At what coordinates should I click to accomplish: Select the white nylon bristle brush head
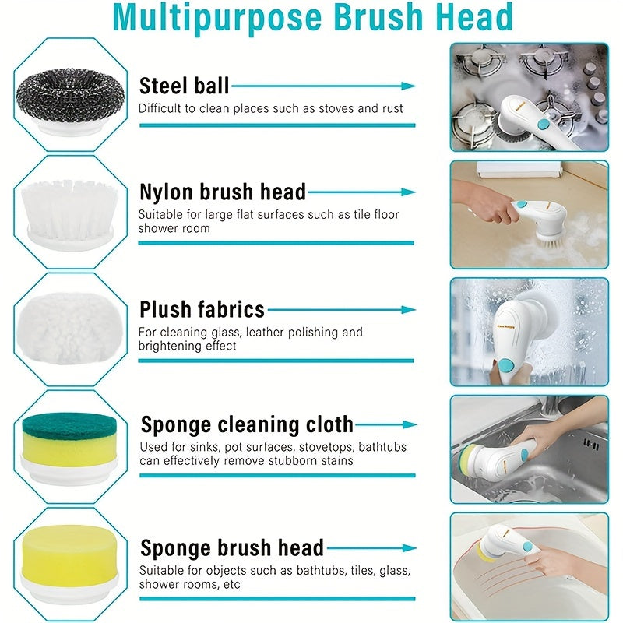65,206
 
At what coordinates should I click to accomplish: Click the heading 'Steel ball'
184,86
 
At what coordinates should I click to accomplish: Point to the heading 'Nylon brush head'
223,192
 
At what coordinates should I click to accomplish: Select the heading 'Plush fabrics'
202,309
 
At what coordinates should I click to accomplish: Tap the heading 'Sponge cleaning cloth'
247,425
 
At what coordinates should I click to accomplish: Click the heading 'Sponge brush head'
232,547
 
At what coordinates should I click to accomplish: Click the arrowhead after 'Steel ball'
410,86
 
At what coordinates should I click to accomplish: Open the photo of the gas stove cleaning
529,97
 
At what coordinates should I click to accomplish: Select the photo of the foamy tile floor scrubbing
529,214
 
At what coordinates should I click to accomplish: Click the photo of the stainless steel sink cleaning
529,449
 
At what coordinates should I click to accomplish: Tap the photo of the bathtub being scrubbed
529,566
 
